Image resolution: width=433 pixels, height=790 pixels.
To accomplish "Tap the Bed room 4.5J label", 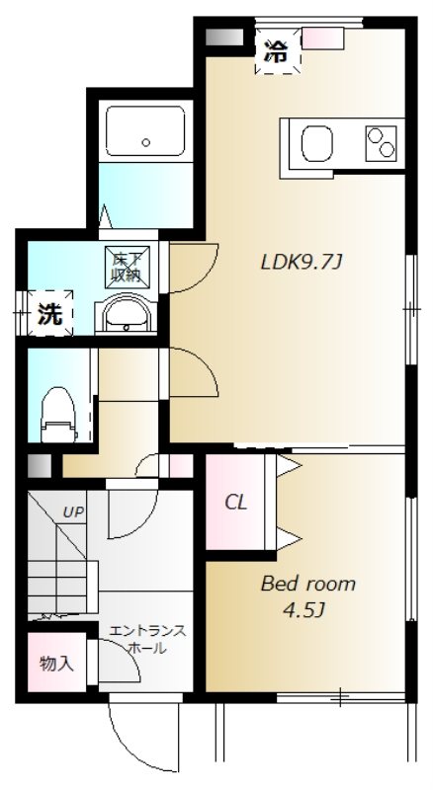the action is (x=307, y=597).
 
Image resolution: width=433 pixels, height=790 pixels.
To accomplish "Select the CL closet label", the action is (x=235, y=503).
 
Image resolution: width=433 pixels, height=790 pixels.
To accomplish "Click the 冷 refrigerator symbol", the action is (x=277, y=50).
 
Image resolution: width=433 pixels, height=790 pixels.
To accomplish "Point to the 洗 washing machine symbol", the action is (x=50, y=314).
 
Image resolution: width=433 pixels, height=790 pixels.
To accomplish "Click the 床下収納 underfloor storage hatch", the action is (x=127, y=267).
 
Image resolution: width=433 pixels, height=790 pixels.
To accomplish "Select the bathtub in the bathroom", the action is (x=146, y=130).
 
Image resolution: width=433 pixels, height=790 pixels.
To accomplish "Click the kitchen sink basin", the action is (x=317, y=143).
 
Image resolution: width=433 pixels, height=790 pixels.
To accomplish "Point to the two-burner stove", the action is (x=381, y=143).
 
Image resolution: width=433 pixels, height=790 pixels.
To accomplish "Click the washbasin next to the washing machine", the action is (x=127, y=315).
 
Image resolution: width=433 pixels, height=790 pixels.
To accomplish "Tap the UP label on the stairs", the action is (x=73, y=513).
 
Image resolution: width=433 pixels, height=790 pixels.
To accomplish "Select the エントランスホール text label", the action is (x=147, y=639).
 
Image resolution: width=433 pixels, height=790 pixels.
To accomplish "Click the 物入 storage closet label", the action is (x=57, y=664).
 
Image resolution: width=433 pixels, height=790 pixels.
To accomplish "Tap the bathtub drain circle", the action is (x=146, y=142).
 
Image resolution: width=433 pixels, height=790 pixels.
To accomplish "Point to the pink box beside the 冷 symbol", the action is (x=322, y=39).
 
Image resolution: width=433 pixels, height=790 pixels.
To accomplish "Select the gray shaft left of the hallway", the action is (x=40, y=466).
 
